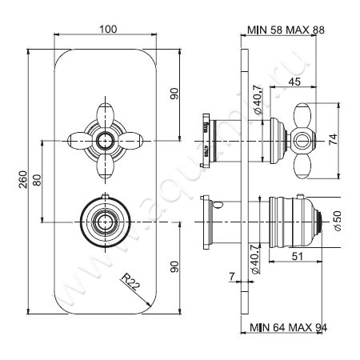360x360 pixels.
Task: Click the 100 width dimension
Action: click(x=109, y=30)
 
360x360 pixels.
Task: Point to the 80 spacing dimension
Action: click(x=34, y=180)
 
